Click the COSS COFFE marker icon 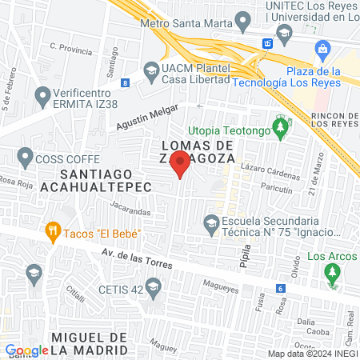[26, 157]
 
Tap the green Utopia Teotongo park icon [280, 126]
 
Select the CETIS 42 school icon [155, 286]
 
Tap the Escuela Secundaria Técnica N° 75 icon [212, 221]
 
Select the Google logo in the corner [26, 350]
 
